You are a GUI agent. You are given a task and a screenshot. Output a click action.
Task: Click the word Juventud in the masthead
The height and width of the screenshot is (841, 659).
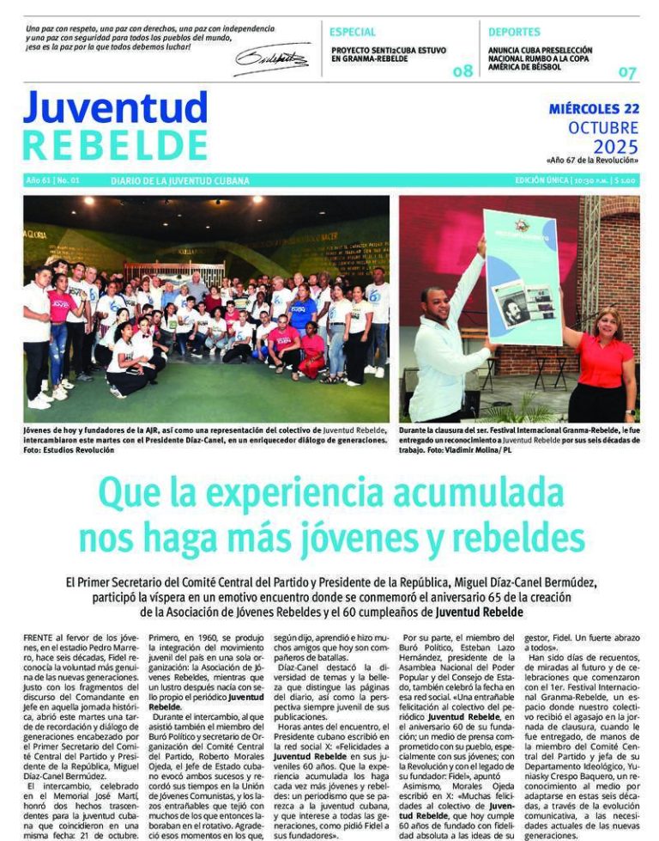115,107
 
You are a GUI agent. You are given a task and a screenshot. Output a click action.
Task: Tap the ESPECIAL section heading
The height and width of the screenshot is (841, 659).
352,33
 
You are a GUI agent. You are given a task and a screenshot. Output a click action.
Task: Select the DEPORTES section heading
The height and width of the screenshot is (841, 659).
514,33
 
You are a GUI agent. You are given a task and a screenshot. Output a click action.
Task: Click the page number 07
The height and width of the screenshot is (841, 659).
628,72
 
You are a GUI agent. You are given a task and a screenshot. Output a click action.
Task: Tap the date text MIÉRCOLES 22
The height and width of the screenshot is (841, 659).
594,109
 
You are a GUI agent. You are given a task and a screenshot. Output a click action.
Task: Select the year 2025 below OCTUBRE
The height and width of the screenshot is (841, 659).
615,147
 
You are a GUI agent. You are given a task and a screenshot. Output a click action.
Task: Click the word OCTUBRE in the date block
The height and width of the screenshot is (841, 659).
603,128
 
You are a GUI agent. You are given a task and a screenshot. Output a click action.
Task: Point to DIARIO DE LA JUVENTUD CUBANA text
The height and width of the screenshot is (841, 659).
180,181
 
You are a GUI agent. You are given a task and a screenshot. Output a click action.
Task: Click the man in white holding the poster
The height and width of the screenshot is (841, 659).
446,344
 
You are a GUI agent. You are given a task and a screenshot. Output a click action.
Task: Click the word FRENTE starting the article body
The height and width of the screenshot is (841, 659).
42,639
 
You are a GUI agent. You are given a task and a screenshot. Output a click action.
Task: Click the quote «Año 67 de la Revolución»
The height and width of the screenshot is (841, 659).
592,161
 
